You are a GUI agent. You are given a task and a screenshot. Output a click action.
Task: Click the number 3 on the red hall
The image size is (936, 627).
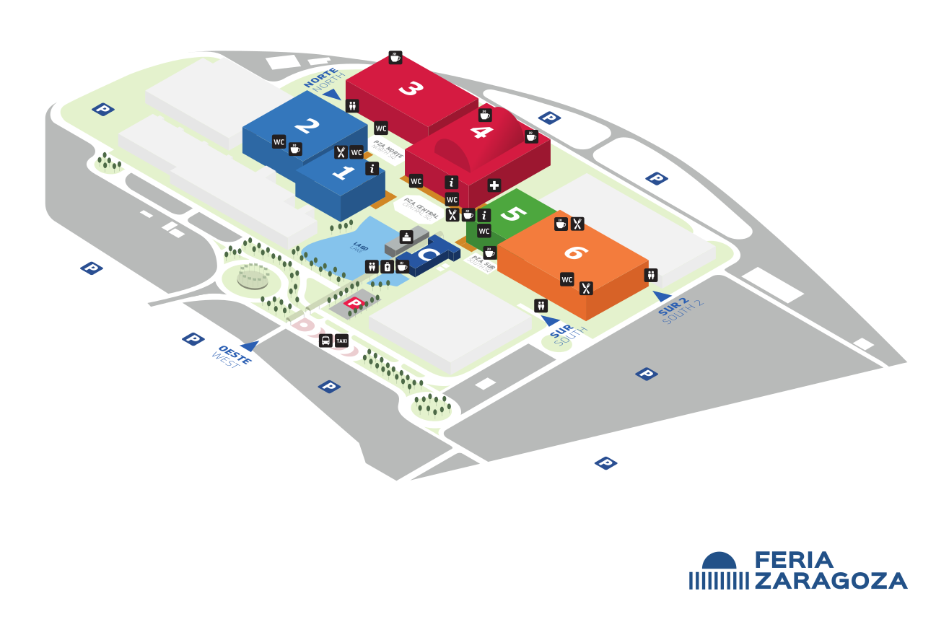pos(411,89)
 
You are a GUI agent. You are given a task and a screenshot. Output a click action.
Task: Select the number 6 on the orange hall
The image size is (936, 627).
pos(576,252)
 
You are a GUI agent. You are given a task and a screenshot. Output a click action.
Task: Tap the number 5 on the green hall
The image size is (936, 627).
pos(514,214)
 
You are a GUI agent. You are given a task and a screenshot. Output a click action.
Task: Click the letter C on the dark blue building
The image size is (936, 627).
pos(428,255)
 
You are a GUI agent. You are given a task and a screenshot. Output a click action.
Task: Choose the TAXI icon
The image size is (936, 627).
pos(342,341)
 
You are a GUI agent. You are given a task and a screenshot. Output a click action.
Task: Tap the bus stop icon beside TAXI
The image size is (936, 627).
pos(326,341)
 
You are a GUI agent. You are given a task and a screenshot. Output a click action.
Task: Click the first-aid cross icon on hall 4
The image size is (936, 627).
pos(494,185)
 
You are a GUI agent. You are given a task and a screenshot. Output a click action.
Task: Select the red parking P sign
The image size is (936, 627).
pos(354,303)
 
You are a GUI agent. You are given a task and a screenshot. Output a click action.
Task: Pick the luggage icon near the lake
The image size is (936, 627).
pos(388,266)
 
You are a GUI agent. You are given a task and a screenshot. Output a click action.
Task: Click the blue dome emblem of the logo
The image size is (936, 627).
pos(720,561)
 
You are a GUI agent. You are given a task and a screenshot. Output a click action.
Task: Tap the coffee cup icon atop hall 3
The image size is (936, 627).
pos(395,58)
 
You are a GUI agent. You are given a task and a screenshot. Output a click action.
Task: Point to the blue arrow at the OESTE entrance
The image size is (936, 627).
pos(250,346)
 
